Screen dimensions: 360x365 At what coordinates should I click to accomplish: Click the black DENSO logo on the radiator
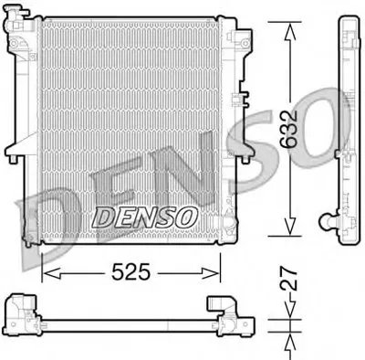[144, 217]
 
